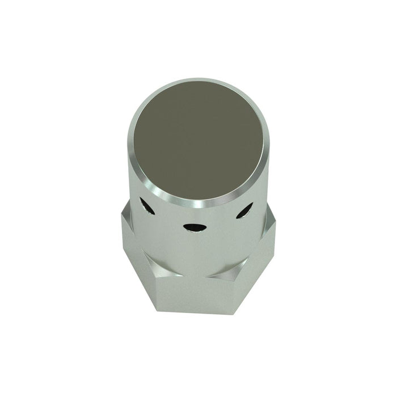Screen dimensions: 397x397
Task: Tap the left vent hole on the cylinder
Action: point(147,207)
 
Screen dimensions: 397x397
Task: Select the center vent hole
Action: point(195,227)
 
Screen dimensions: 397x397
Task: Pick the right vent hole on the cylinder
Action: point(244,210)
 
